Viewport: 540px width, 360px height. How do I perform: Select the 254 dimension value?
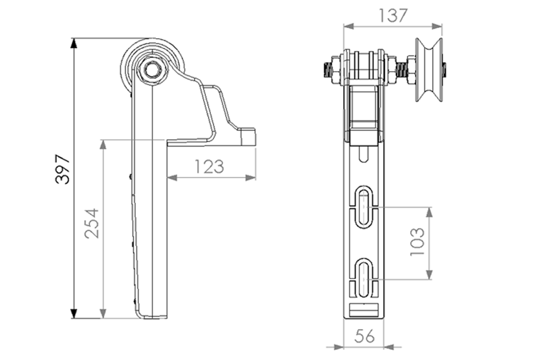(92, 223)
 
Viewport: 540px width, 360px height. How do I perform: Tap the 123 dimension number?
(209, 167)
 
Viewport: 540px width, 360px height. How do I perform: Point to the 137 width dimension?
(393, 16)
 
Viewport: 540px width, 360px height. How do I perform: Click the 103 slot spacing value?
(417, 242)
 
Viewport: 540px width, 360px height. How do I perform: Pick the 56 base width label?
(364, 336)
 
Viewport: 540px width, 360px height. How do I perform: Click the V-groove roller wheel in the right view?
(429, 70)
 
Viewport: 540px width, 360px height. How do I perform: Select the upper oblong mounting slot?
(364, 206)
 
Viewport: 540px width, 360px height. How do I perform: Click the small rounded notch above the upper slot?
(363, 154)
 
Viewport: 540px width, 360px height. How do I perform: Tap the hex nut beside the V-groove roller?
(411, 70)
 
